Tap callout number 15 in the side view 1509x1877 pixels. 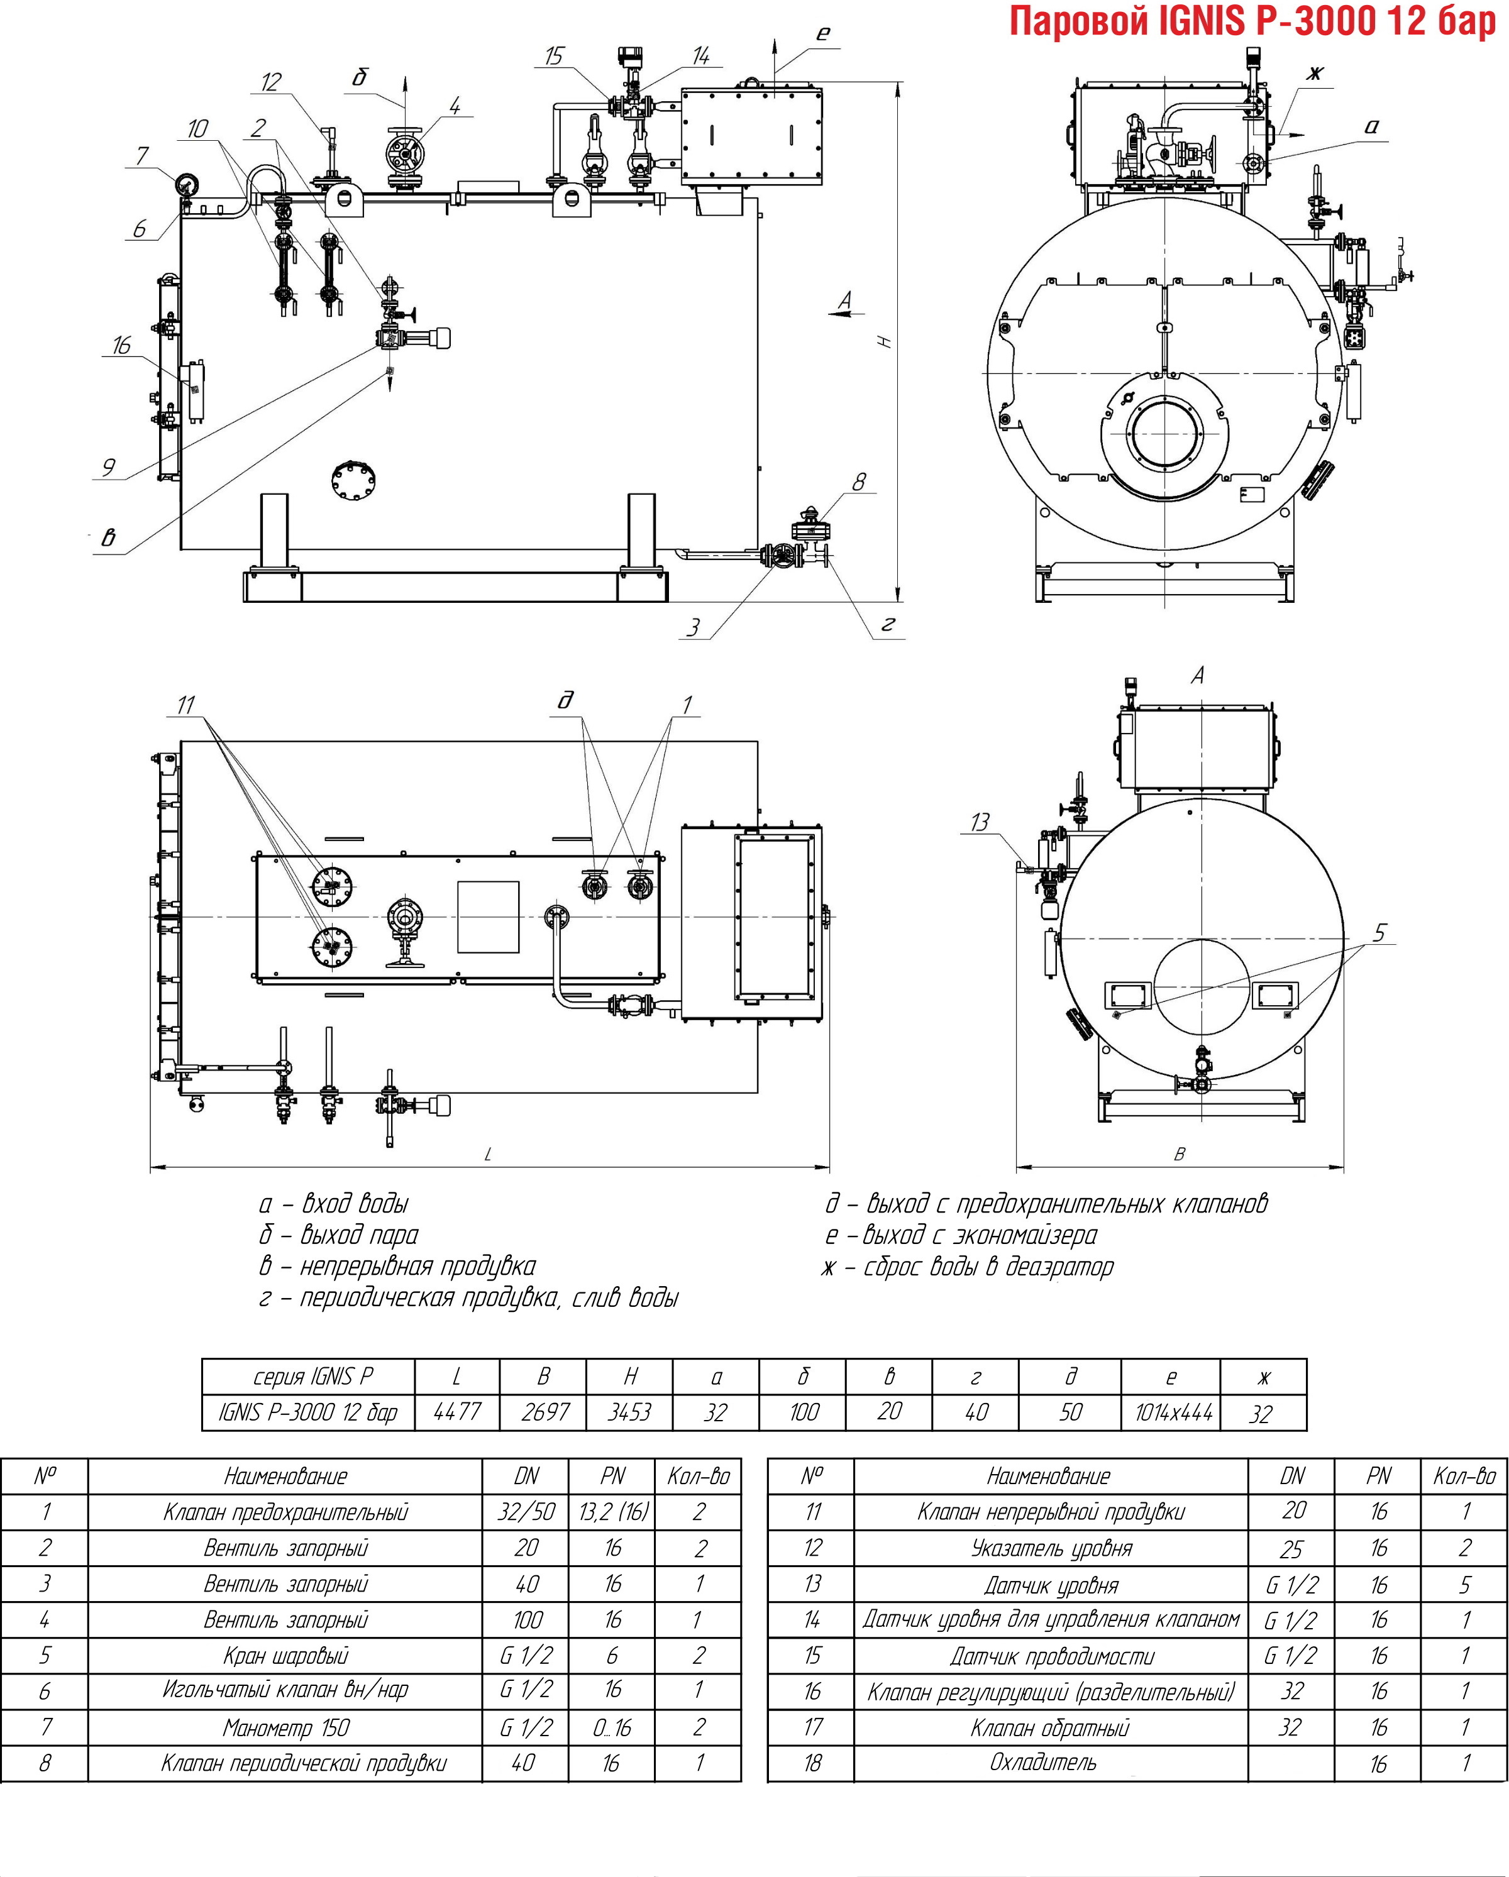pos(554,57)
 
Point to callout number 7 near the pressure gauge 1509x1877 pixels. pos(142,156)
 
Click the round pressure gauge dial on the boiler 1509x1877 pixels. pos(186,185)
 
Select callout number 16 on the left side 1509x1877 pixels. pos(121,346)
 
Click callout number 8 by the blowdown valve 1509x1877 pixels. pos(860,482)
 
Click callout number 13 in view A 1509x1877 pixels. pos(980,822)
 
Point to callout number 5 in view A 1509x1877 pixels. pos(1379,933)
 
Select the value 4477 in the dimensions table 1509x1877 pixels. pos(456,1412)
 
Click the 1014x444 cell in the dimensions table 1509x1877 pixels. pos(1173,1412)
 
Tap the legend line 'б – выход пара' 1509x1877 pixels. pos(340,1235)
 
